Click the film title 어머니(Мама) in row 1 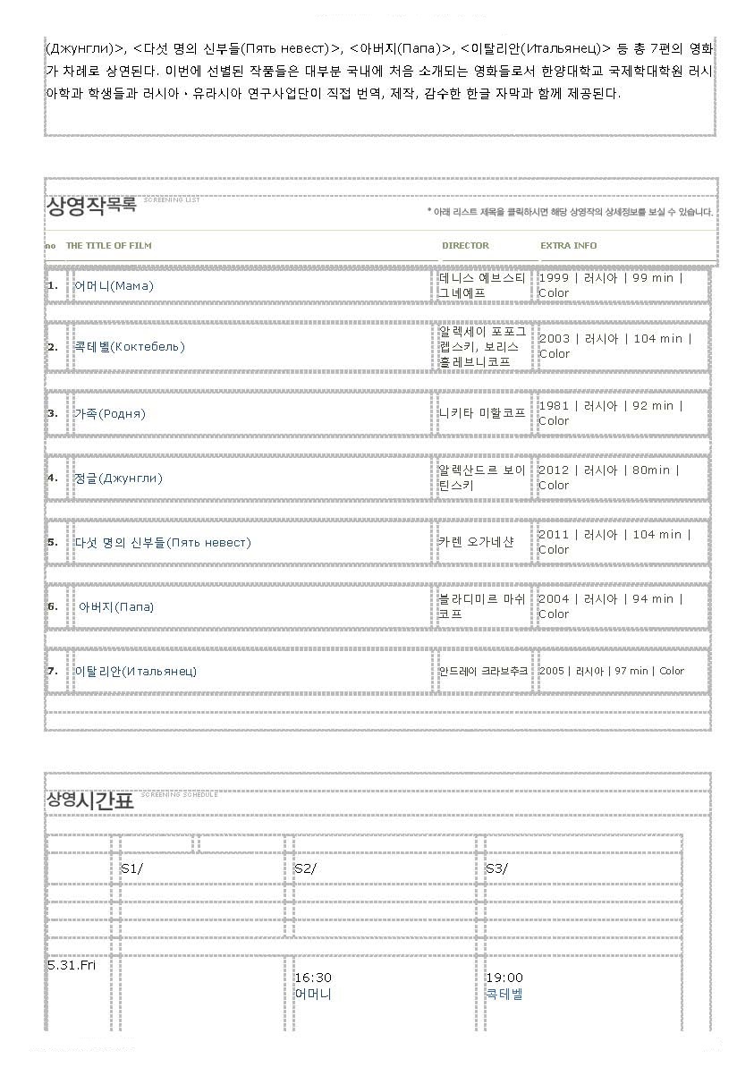114,286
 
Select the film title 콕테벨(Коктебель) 129,347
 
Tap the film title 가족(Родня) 109,414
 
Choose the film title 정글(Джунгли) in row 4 118,478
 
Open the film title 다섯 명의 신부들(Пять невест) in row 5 162,543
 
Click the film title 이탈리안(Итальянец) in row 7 135,672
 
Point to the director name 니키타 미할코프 481,413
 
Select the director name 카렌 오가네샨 476,542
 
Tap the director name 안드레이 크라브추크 483,671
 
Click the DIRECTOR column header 465,246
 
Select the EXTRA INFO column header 568,246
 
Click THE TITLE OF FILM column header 108,246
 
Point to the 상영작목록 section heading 91,207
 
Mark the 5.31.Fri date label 71,965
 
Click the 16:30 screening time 313,978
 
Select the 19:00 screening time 504,978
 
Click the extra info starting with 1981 610,413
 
